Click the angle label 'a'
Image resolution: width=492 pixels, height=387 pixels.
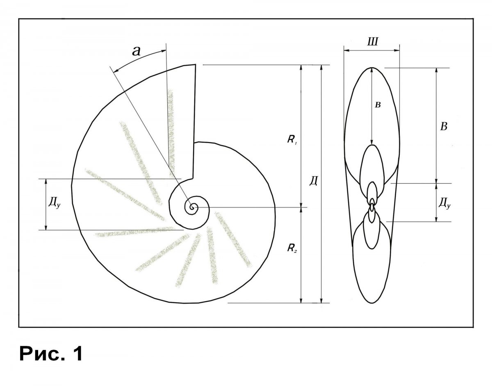pyautogui.click(x=136, y=51)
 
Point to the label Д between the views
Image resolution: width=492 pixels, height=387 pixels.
pyautogui.click(x=313, y=181)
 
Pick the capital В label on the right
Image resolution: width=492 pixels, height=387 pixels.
pyautogui.click(x=444, y=126)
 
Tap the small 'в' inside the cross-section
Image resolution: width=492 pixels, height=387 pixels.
pyautogui.click(x=378, y=105)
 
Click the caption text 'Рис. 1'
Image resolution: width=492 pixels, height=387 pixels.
pyautogui.click(x=51, y=354)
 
